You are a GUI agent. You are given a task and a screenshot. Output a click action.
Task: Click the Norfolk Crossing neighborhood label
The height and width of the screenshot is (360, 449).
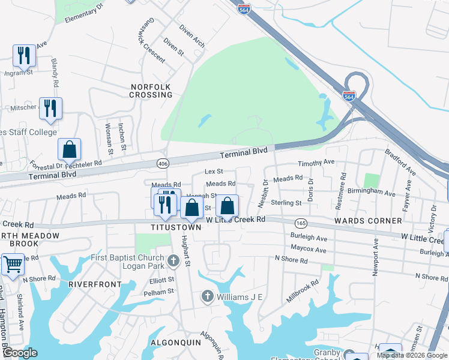point(151,91)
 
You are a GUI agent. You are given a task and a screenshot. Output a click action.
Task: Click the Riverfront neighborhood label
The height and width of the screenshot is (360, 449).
point(91,283)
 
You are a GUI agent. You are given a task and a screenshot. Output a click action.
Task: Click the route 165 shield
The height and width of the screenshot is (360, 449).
point(301,223)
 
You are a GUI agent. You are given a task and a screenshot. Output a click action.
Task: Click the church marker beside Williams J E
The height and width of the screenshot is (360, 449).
point(208,296)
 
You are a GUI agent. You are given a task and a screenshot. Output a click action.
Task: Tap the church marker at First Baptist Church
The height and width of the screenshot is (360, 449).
point(174,260)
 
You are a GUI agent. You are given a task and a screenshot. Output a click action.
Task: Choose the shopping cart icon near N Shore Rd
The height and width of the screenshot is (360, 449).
point(12,264)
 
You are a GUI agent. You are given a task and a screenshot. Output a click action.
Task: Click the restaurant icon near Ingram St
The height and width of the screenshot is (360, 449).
point(24,55)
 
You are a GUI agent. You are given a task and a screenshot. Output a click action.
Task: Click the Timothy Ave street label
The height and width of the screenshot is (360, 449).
point(316,163)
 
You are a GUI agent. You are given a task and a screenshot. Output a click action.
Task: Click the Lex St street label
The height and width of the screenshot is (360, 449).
point(214,172)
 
